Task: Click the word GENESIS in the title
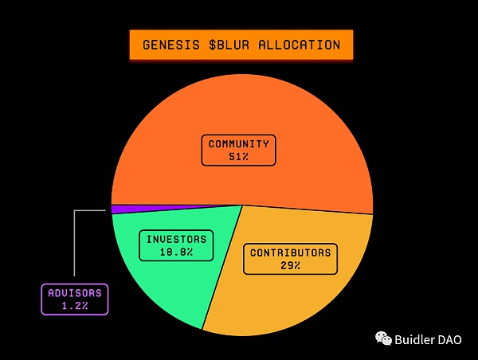coord(171,45)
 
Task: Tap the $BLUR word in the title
coord(229,45)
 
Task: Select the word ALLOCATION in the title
coord(300,45)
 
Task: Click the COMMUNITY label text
coord(239,143)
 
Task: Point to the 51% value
coord(239,157)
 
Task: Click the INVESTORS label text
coord(177,239)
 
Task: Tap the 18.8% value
coord(177,252)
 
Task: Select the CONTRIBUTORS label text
coord(291,252)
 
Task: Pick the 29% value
coord(291,265)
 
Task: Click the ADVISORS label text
coord(75,293)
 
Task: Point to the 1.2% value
coord(75,306)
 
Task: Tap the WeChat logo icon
coord(383,338)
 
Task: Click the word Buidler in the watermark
coord(414,339)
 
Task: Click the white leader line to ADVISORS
coord(74,243)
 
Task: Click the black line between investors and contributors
coord(222,268)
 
